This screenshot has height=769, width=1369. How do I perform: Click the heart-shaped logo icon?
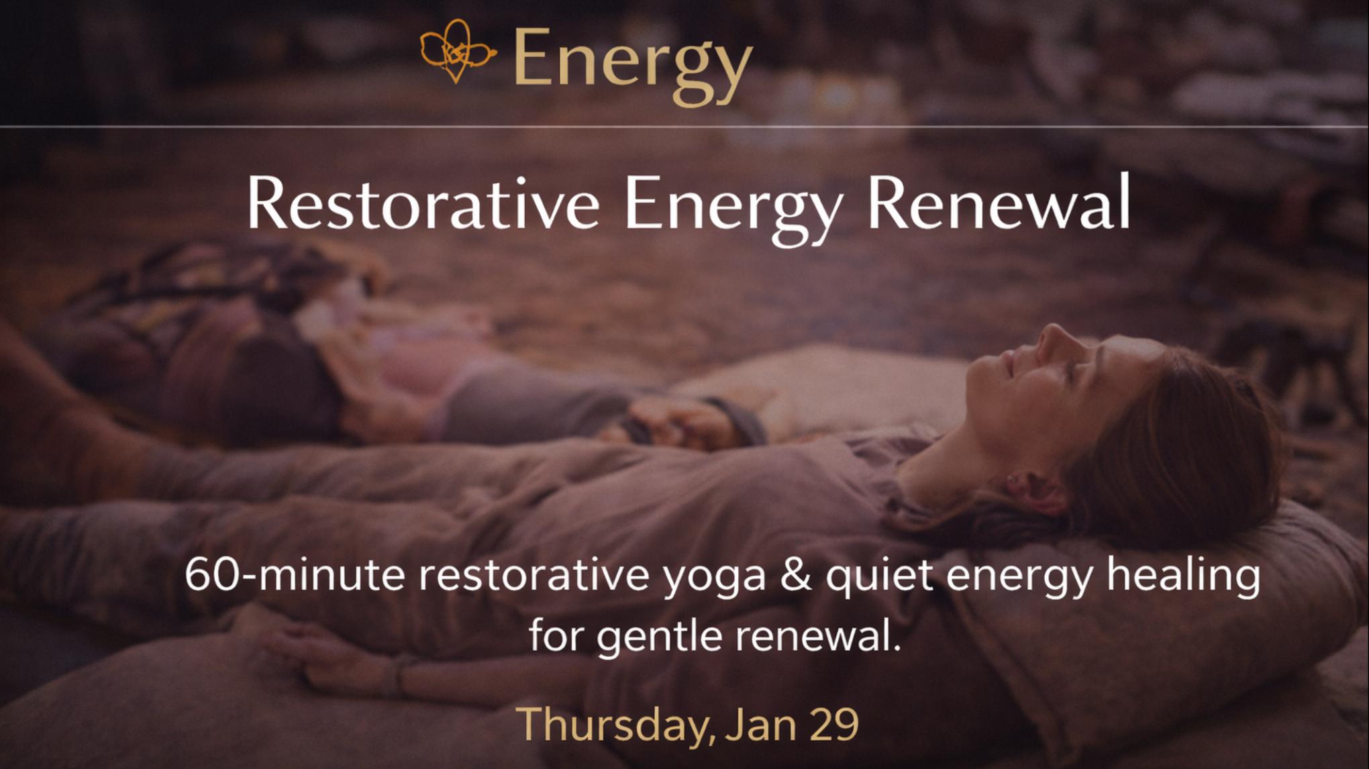[x=457, y=51]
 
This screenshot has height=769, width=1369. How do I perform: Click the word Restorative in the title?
[x=423, y=203]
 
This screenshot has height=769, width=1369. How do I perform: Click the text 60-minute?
[x=295, y=575]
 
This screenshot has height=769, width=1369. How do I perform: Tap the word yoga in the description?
[x=715, y=580]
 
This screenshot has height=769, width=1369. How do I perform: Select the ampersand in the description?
[x=796, y=576]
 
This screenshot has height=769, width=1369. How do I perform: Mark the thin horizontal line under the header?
[x=684, y=126]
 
